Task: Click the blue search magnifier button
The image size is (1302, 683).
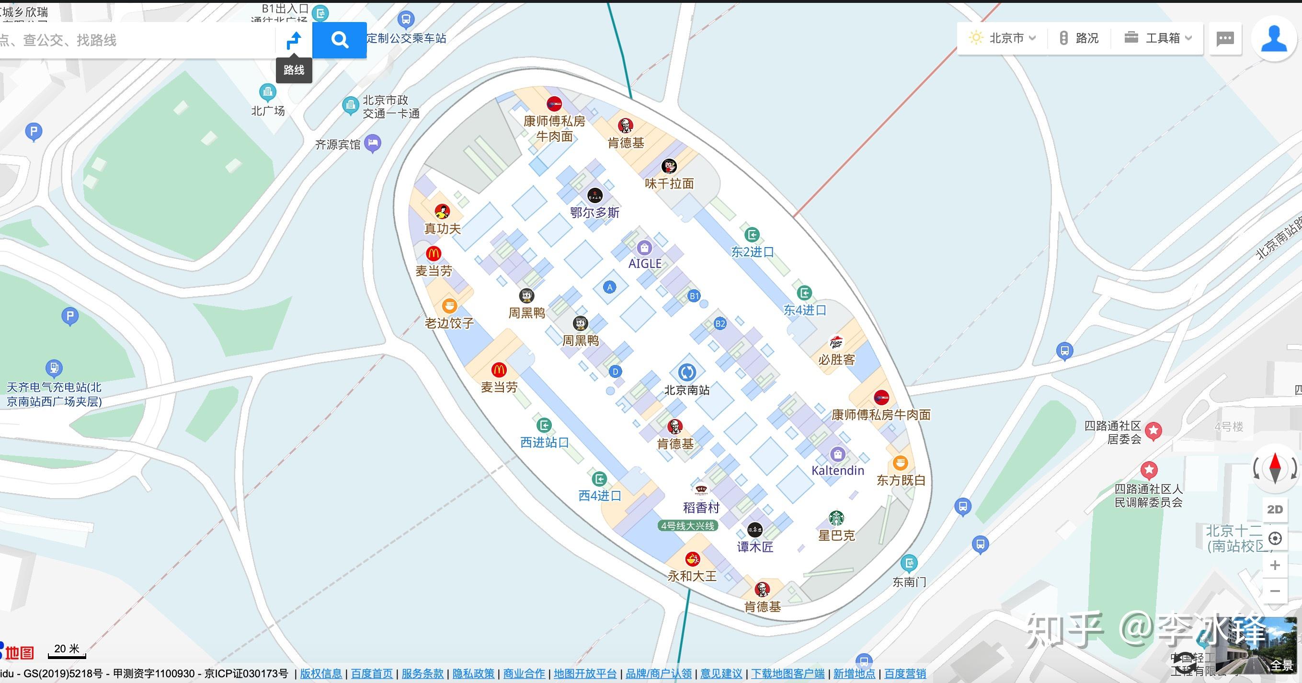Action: (x=339, y=39)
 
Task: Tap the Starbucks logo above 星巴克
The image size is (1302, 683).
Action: (x=836, y=518)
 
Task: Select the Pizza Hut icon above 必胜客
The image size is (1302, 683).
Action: (x=836, y=343)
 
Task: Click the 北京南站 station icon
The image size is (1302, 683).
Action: (x=686, y=373)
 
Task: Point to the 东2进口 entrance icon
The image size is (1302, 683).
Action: (x=752, y=235)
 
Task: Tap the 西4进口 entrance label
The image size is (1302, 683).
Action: (x=599, y=495)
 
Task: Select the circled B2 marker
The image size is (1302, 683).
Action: (x=720, y=324)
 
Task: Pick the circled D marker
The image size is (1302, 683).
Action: (x=615, y=372)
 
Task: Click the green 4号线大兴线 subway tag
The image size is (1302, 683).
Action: (x=687, y=526)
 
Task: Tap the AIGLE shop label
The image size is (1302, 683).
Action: (x=644, y=263)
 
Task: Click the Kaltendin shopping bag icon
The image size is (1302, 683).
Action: (x=837, y=454)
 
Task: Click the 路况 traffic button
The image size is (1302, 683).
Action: (x=1079, y=38)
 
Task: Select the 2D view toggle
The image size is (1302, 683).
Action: (x=1275, y=509)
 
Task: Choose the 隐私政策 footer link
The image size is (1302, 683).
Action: (x=473, y=673)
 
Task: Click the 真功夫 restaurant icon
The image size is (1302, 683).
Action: (x=442, y=211)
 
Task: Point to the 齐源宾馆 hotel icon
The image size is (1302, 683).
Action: (x=373, y=143)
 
